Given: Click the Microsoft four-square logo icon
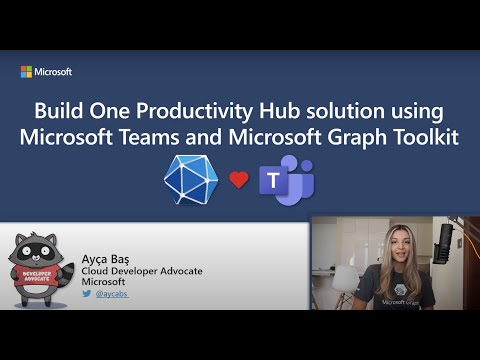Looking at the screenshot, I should [27, 72].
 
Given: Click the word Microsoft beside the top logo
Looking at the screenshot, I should [54, 72].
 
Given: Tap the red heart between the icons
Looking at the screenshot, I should [238, 180].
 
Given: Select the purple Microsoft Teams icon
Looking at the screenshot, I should [284, 180].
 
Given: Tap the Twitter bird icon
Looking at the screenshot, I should [87, 295].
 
